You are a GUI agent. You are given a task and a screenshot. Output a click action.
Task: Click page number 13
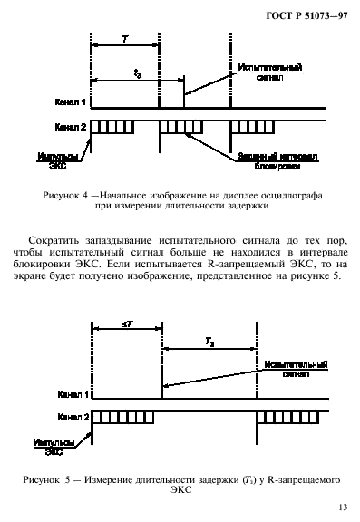point(340,507)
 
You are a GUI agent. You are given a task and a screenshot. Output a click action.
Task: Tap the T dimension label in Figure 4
point(125,40)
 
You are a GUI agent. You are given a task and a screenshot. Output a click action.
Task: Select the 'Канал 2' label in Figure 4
point(71,128)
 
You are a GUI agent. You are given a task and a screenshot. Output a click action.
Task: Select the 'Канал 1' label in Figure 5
point(71,395)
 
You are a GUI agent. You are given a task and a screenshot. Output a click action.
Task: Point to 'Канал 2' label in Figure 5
point(71,419)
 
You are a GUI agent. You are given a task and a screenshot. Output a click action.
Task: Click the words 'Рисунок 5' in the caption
point(67,478)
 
